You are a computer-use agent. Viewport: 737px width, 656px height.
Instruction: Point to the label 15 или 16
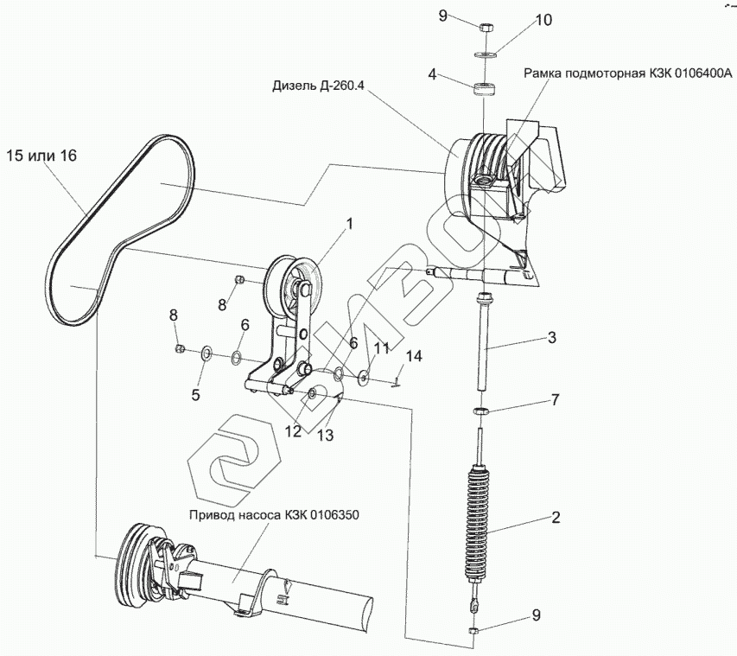(x=41, y=156)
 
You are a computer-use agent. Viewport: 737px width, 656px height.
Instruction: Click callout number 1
(x=350, y=225)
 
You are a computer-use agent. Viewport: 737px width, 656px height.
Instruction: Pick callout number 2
(x=556, y=518)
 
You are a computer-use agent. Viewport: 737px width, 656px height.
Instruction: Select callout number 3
(x=551, y=337)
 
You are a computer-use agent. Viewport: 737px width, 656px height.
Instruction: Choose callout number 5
(x=196, y=395)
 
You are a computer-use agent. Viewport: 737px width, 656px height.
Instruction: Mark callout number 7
(x=556, y=399)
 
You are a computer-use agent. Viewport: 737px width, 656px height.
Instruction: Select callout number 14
(x=413, y=355)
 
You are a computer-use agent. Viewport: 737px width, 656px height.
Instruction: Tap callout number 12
(x=293, y=430)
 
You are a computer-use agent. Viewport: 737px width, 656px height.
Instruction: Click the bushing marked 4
(x=483, y=88)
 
